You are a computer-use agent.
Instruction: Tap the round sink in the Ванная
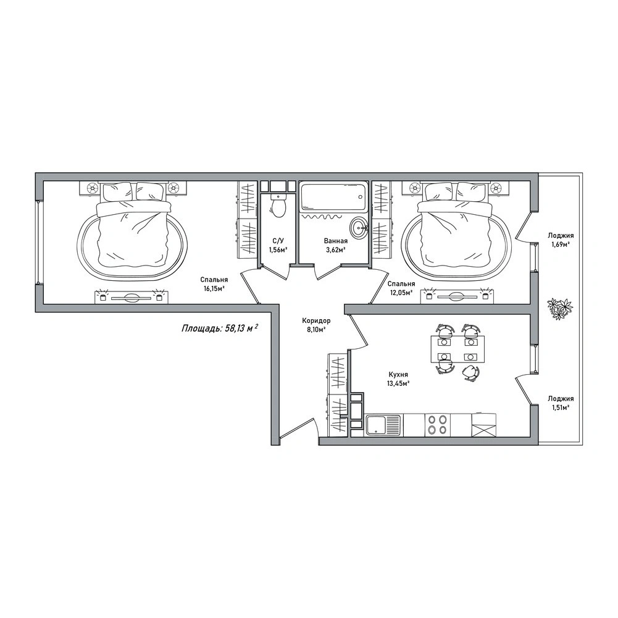(359, 227)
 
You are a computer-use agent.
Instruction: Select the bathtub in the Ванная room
(333, 197)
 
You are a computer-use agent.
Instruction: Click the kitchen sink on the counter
(383, 425)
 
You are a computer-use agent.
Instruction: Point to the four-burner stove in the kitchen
(438, 425)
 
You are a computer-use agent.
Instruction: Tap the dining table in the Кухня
(457, 349)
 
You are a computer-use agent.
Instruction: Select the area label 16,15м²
(214, 288)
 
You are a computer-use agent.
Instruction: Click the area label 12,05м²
(401, 293)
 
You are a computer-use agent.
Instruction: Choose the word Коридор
(316, 320)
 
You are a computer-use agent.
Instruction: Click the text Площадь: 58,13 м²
(220, 328)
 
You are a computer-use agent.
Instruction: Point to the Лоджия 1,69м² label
(561, 240)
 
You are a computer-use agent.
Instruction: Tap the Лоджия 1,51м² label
(561, 403)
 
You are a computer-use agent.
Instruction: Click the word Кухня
(398, 374)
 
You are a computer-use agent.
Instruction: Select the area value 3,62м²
(335, 249)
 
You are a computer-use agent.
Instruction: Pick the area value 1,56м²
(278, 249)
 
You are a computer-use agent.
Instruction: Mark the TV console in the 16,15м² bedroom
(132, 296)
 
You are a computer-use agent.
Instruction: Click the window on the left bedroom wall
(38, 241)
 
